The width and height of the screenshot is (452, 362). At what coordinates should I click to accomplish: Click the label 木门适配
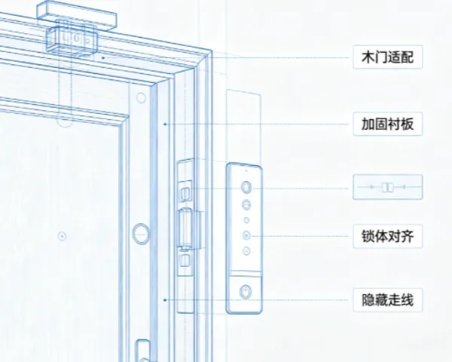[388, 57]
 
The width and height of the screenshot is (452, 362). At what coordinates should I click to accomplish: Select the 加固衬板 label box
[388, 124]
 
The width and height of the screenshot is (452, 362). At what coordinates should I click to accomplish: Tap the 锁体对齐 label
[388, 236]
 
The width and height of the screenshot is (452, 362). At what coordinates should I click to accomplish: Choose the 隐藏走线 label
[388, 300]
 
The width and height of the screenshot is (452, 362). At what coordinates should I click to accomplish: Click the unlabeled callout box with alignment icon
[388, 187]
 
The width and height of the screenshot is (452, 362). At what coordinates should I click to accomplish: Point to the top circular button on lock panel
[246, 187]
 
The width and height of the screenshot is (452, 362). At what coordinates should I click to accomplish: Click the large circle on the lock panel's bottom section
[246, 292]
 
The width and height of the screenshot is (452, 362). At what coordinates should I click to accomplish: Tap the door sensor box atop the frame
[72, 39]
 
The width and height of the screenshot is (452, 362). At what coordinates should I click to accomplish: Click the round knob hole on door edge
[141, 234]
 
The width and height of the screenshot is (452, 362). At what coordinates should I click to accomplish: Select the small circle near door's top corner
[141, 98]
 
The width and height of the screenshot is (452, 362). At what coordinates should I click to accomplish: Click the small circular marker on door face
[62, 236]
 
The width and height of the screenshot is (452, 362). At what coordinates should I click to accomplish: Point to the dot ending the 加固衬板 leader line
[165, 124]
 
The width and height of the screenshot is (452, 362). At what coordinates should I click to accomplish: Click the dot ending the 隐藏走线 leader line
[165, 300]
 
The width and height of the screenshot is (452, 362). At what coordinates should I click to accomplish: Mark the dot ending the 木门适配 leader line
[103, 58]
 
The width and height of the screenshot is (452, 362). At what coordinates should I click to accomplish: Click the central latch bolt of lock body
[185, 228]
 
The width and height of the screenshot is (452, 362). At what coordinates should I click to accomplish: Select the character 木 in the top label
[368, 57]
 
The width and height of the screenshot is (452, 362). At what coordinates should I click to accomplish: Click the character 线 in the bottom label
[408, 300]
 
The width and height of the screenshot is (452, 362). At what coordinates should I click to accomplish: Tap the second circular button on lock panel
[246, 205]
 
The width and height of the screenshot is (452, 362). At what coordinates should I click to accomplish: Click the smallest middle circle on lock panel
[246, 220]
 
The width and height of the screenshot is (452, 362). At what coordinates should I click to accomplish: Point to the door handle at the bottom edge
[142, 351]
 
